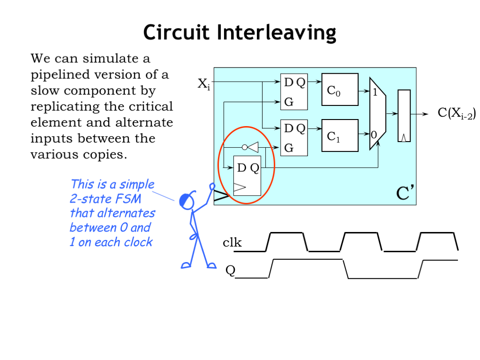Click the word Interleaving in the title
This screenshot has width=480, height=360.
point(277,33)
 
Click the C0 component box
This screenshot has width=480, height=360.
point(339,90)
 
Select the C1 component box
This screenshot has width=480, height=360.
point(339,135)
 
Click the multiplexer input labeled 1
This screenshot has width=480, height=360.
point(375,93)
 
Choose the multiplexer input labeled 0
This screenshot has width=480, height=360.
point(374,135)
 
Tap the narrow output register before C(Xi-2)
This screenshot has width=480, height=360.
point(404,115)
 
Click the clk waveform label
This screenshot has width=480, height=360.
point(232,242)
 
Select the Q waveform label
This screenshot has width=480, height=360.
point(230,270)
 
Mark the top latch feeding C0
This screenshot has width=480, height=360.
point(294,92)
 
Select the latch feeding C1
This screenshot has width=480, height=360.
point(294,138)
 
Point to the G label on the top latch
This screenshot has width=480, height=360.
point(289,102)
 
